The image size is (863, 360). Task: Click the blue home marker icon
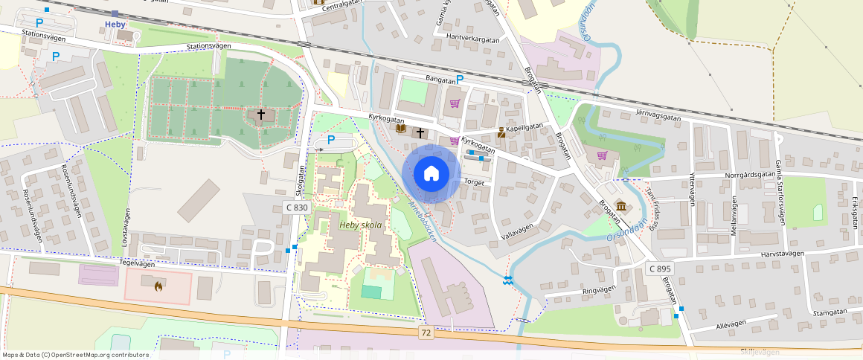[431, 174]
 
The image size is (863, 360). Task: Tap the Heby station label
[115, 25]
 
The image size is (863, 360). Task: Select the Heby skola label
[361, 225]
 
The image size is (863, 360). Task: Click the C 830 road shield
[296, 208]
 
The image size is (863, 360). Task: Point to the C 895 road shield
[659, 269]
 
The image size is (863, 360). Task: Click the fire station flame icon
[158, 285]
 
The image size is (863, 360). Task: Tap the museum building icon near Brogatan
[620, 206]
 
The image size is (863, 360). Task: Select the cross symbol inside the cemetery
[260, 115]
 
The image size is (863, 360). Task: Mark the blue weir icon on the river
[507, 280]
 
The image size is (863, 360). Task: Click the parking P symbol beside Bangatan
[460, 79]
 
